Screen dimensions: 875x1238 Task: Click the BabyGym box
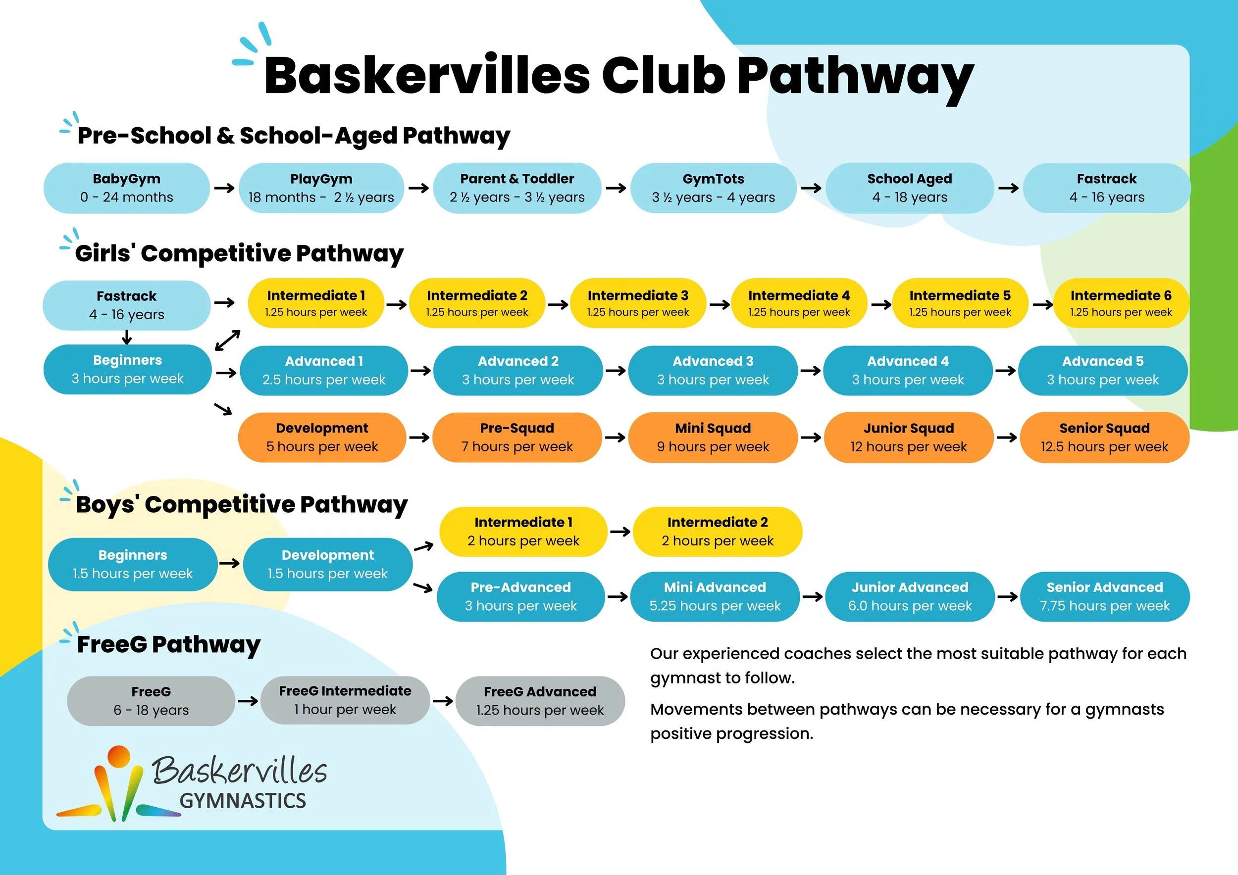pos(126,188)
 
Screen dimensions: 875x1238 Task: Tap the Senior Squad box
pos(1104,437)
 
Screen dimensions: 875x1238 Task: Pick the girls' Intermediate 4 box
pos(799,303)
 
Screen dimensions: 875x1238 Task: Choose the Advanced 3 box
pos(712,371)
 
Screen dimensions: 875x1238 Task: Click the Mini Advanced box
pos(715,596)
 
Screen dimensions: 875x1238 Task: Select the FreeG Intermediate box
pos(345,700)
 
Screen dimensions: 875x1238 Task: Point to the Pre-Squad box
pos(516,437)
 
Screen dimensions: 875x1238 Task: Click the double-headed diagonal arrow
pos(227,340)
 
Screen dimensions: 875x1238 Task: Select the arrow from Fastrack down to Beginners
pos(127,338)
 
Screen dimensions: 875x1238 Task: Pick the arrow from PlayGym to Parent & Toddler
pos(418,188)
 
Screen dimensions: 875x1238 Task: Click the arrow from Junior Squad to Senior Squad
pos(1006,437)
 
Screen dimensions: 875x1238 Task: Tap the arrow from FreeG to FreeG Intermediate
pos(248,701)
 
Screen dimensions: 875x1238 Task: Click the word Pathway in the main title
pos(855,77)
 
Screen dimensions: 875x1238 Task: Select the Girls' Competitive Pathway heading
pos(239,253)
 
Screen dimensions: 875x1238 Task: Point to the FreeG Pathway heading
pos(168,644)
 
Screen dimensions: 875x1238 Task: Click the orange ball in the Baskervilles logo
pos(119,755)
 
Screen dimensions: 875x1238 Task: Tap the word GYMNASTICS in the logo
pos(243,801)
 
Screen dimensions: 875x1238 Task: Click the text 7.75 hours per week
pos(1104,606)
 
